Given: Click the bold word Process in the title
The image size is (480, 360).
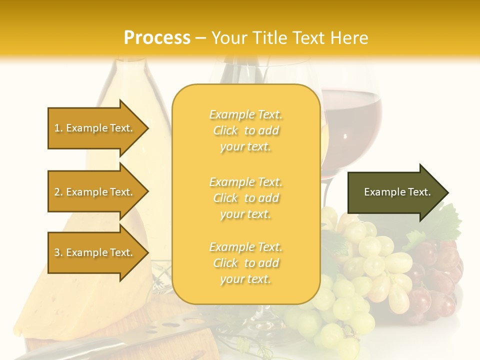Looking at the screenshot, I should (x=157, y=38).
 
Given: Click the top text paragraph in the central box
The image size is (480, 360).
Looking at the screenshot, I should (x=245, y=130).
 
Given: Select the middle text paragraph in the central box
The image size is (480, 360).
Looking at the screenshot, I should (x=245, y=198).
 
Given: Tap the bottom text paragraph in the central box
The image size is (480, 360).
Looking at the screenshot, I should (x=245, y=263).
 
